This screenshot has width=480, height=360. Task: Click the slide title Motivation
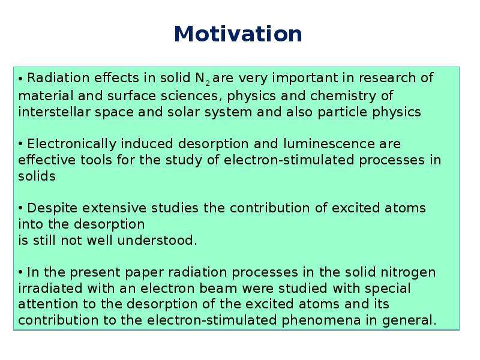238,34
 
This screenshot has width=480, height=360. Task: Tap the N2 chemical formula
202,79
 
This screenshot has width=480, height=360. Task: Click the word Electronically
71,144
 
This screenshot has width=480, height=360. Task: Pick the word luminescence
329,143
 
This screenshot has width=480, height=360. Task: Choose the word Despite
52,208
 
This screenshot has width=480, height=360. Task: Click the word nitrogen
408,273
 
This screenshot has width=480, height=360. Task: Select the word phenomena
321,320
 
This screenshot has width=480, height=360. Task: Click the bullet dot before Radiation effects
20,79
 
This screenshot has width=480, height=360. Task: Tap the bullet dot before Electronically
20,143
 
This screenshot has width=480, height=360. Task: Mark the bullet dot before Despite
20,208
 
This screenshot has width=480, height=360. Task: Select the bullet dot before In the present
20,272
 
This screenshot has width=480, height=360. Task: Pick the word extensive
114,208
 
